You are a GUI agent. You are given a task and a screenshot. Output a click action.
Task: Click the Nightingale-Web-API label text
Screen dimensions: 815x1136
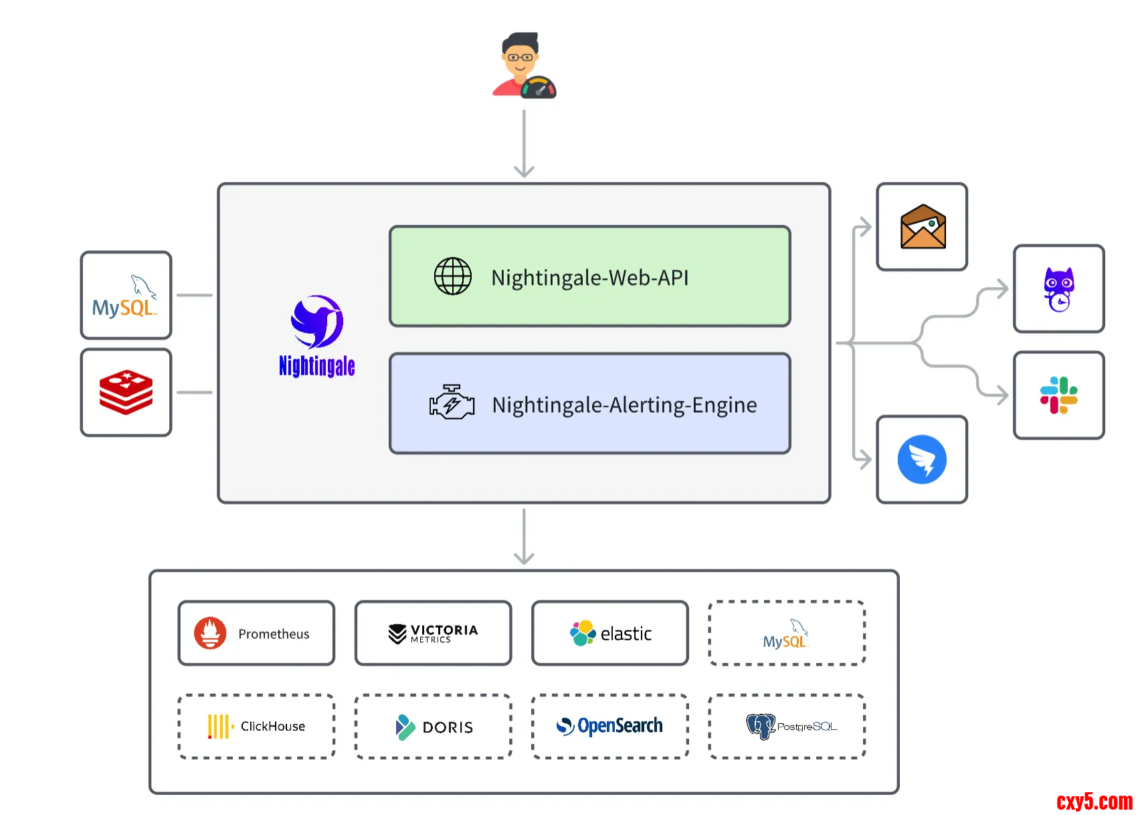(589, 278)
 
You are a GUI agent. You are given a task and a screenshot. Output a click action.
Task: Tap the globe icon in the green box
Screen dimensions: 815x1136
(453, 276)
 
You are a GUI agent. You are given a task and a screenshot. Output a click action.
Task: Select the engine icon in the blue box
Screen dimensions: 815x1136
(452, 402)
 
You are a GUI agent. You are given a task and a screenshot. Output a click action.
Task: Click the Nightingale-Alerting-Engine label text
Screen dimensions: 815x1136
(624, 405)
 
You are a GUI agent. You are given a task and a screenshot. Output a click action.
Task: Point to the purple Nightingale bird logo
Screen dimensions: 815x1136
(317, 322)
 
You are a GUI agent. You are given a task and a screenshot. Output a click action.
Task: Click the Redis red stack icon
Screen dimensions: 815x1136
(126, 393)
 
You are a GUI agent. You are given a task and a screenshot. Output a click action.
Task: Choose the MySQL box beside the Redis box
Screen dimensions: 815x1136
(126, 295)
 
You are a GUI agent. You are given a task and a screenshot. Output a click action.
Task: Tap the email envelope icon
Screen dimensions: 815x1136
(923, 227)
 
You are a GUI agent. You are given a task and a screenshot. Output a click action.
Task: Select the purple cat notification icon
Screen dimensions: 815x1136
(1059, 289)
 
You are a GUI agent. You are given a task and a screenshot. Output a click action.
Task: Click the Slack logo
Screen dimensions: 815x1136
(1058, 395)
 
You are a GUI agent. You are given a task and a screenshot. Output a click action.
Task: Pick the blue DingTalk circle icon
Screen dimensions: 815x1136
(922, 460)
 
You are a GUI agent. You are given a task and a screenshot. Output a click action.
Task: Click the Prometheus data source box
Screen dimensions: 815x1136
(256, 633)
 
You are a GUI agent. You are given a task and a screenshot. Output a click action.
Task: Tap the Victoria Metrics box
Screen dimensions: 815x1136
(433, 633)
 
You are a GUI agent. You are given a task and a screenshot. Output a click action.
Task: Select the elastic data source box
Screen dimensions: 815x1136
(610, 633)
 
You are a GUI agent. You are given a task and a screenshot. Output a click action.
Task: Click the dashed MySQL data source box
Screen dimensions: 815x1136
(787, 633)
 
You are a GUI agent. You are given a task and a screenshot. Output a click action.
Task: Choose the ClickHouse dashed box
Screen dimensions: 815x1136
(256, 726)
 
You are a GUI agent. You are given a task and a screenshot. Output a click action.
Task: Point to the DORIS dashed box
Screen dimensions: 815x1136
(433, 726)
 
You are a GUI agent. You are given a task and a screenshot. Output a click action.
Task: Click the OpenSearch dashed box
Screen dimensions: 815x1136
(610, 726)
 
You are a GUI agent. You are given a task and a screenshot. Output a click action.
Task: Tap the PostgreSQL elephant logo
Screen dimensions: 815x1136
(761, 726)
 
